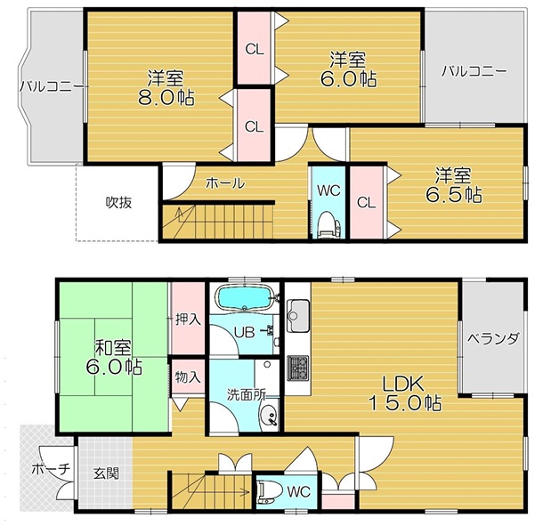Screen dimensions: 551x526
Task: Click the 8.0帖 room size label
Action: (166, 98)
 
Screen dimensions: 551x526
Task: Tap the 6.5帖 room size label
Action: (454, 195)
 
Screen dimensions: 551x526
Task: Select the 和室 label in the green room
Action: (113, 347)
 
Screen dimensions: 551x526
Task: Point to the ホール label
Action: (225, 183)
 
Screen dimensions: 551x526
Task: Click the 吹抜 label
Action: (118, 202)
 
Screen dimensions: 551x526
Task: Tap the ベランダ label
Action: (493, 338)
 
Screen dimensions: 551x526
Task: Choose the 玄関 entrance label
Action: (106, 473)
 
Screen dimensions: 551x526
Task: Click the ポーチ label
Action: (52, 469)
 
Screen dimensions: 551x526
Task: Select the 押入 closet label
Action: (189, 320)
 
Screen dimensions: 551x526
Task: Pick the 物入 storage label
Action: (188, 377)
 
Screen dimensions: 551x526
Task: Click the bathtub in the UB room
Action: (245, 297)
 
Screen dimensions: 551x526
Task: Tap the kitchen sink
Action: (298, 316)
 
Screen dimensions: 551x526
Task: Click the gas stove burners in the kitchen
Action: (298, 368)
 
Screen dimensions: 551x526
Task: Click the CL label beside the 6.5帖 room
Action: (366, 203)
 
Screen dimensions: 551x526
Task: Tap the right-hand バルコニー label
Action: (474, 71)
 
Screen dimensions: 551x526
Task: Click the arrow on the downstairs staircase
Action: (217, 491)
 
